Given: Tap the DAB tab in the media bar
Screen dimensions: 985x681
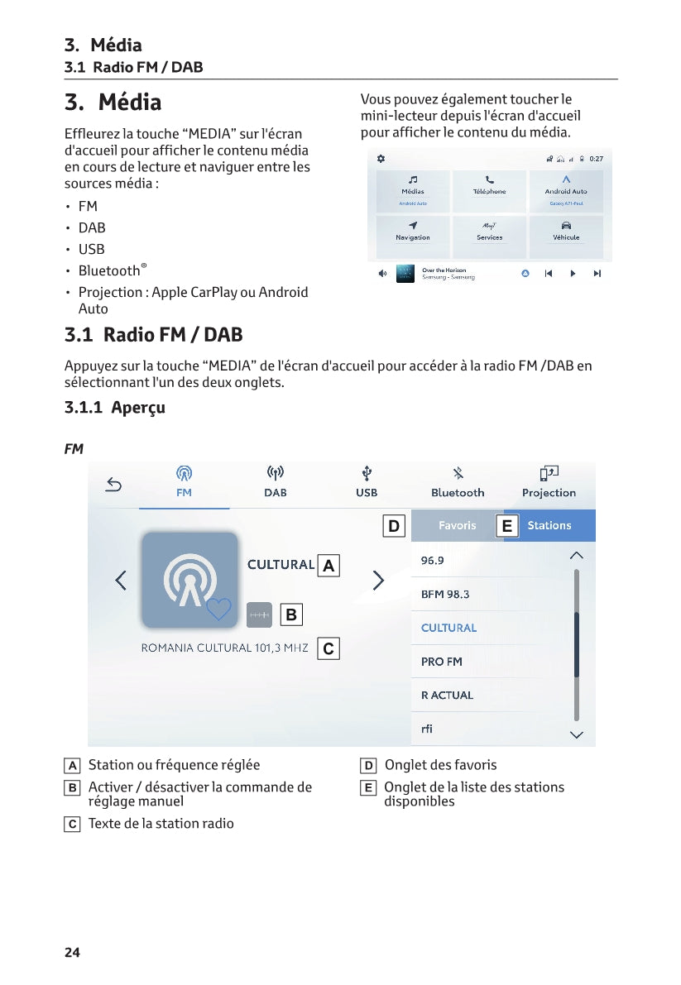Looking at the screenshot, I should (x=275, y=481).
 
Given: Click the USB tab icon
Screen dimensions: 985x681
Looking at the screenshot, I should (x=367, y=474).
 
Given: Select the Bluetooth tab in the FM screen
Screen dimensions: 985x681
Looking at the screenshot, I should (x=458, y=481).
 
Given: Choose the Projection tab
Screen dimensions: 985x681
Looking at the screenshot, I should (x=549, y=481).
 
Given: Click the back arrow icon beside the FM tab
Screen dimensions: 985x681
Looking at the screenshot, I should (x=113, y=485).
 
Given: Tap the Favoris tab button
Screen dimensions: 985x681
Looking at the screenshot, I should (x=457, y=525).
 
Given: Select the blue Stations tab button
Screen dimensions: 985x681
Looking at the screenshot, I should (x=549, y=525).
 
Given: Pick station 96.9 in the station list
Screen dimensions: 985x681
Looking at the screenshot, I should (x=433, y=561).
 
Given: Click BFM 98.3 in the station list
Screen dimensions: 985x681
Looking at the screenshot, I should (x=445, y=595).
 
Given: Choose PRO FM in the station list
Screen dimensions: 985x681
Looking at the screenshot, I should (x=442, y=662).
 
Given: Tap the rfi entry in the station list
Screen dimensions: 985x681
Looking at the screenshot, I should (x=427, y=729).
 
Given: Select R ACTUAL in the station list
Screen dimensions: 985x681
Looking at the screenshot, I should (x=447, y=696).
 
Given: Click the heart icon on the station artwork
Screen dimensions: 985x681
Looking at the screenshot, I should (x=218, y=610).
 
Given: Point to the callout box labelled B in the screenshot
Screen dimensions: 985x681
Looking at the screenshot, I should (x=290, y=615).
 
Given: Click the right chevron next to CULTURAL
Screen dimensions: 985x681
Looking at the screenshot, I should (x=378, y=581).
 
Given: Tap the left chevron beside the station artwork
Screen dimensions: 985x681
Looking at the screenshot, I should (x=121, y=581).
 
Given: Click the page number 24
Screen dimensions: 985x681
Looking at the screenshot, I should (x=73, y=953).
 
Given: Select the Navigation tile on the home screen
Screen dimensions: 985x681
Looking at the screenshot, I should (x=412, y=232).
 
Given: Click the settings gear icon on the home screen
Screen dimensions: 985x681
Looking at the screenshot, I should (x=381, y=159).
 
